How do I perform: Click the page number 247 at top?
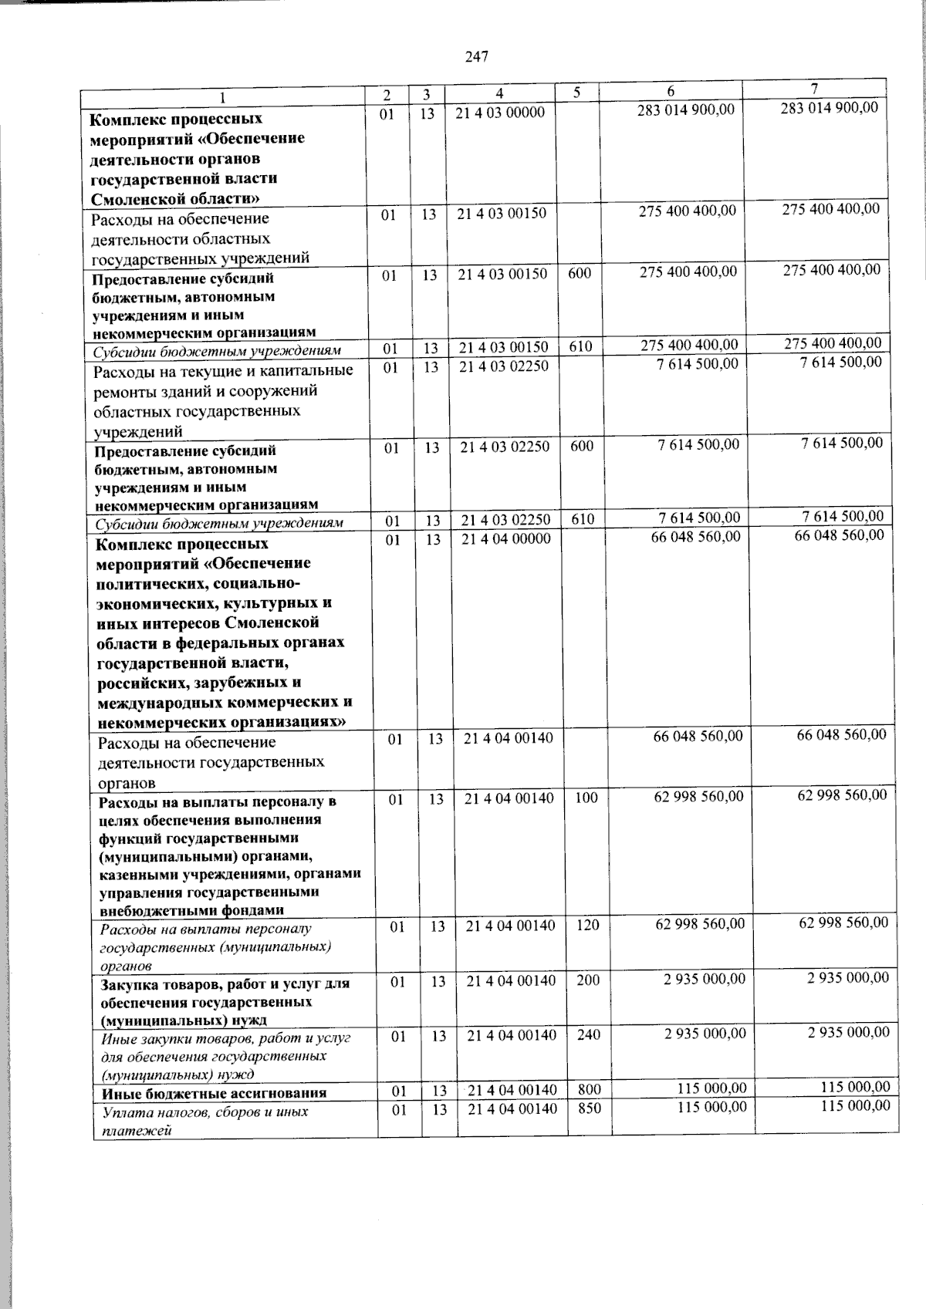tap(477, 56)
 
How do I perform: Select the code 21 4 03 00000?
tap(500, 113)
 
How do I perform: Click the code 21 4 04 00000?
tap(505, 539)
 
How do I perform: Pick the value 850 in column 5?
tap(589, 1108)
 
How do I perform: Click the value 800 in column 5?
tap(589, 1089)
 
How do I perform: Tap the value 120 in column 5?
tap(587, 925)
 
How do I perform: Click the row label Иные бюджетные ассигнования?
tap(214, 1093)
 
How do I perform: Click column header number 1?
tap(223, 97)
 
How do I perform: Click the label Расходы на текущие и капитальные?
tap(222, 371)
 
